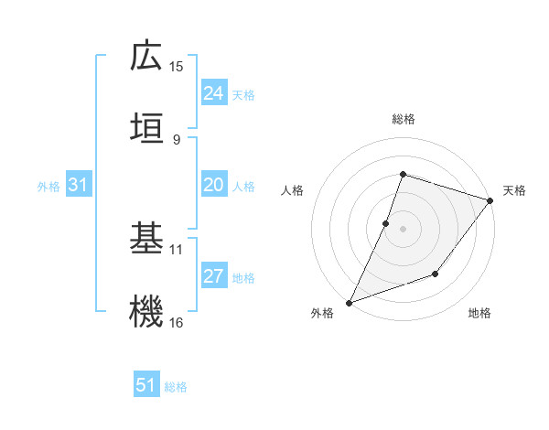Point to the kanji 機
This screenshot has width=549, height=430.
pyautogui.click(x=146, y=311)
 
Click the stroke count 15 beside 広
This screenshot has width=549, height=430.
pyautogui.click(x=177, y=67)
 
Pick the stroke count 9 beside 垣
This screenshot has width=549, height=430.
pyautogui.click(x=177, y=138)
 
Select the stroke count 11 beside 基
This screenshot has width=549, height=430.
pyautogui.click(x=177, y=249)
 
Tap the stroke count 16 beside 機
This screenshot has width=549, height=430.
pyautogui.click(x=177, y=323)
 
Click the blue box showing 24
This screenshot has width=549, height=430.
pyautogui.click(x=214, y=93)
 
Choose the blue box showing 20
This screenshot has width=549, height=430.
pyautogui.click(x=214, y=185)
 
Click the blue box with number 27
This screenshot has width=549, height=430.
pyautogui.click(x=214, y=276)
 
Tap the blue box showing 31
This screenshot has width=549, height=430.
pyautogui.click(x=79, y=185)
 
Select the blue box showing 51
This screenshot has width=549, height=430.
pyautogui.click(x=146, y=385)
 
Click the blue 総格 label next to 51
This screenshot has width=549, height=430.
pyautogui.click(x=176, y=387)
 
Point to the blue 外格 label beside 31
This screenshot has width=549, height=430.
pyautogui.click(x=48, y=187)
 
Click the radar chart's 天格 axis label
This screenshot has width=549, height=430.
pyautogui.click(x=514, y=190)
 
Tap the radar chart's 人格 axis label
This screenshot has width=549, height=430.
pyautogui.click(x=293, y=190)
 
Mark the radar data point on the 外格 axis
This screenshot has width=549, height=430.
pyautogui.click(x=349, y=302)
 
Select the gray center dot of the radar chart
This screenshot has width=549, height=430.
pyautogui.click(x=403, y=229)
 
